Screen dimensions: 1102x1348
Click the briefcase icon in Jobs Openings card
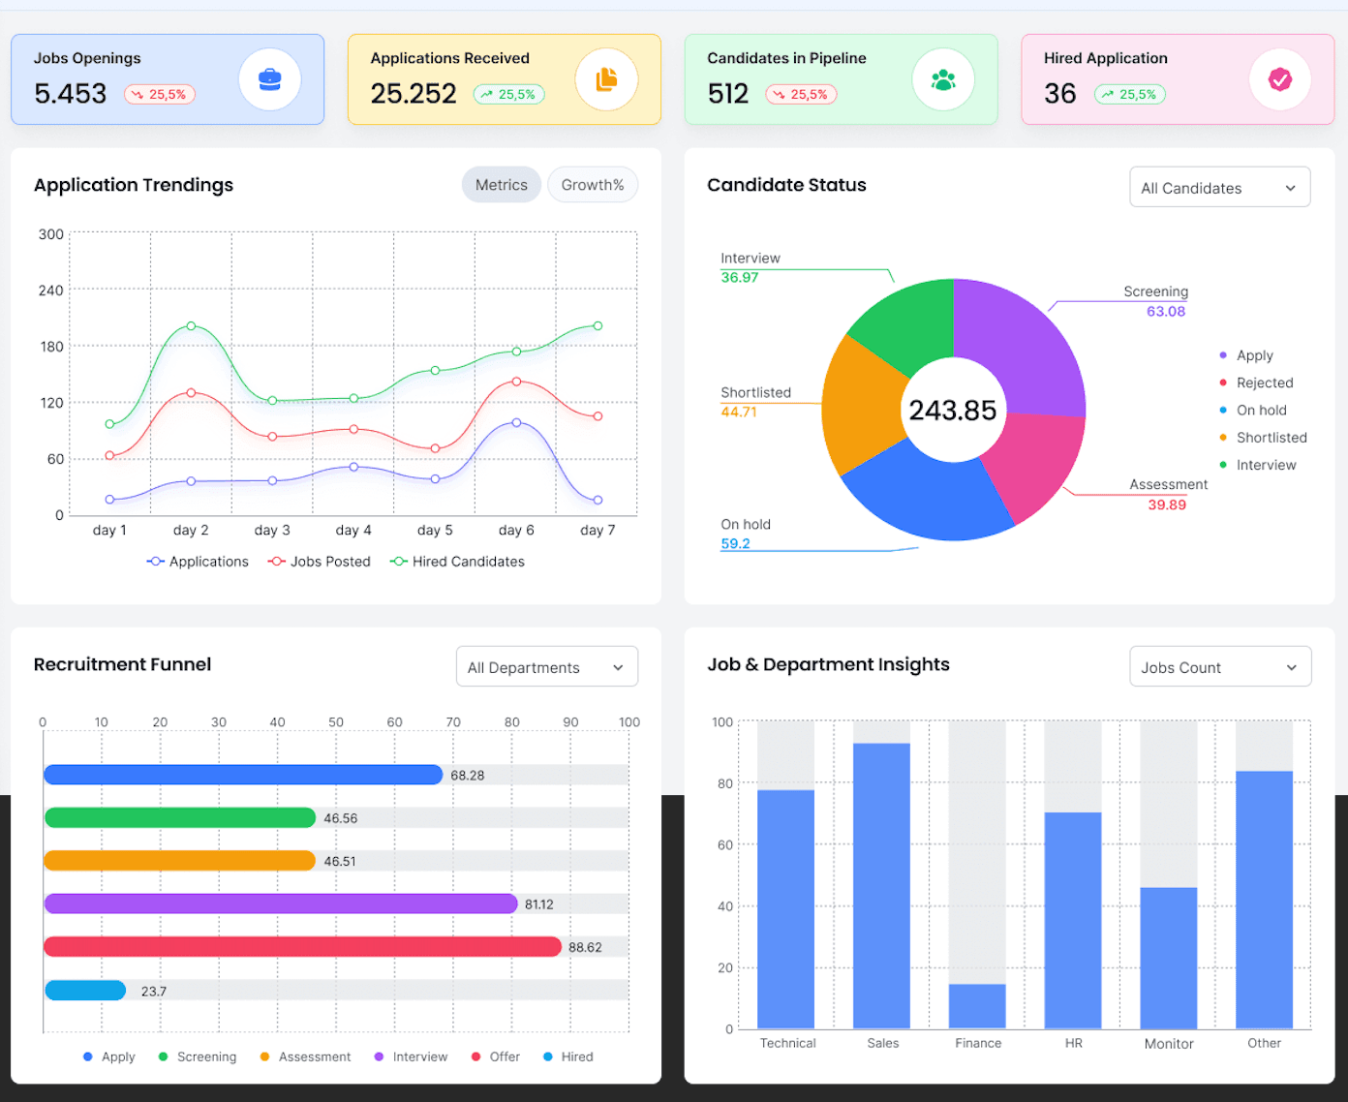coord(270,79)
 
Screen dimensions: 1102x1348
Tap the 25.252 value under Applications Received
coord(414,94)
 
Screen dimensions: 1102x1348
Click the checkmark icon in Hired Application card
coord(1280,79)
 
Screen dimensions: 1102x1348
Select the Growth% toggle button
coord(593,185)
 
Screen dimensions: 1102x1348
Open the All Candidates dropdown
coord(1219,188)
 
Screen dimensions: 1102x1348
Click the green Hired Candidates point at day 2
coord(191,326)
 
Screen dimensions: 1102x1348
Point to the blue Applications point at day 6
coord(516,423)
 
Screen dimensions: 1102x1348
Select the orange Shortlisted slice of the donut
coord(862,407)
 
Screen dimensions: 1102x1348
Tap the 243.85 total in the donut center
coord(953,411)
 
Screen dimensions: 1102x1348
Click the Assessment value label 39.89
coord(1167,505)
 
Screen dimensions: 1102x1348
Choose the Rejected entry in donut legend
coord(1264,383)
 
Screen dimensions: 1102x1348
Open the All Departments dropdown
coord(546,667)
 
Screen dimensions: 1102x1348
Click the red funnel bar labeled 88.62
coord(302,946)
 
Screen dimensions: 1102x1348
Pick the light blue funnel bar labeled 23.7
coord(85,990)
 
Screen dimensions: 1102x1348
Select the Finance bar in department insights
coord(977,1006)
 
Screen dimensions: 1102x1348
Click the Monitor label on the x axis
coord(1169,1043)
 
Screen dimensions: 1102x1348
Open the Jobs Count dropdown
coord(1219,667)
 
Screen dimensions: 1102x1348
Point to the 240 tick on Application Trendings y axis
coord(50,291)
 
